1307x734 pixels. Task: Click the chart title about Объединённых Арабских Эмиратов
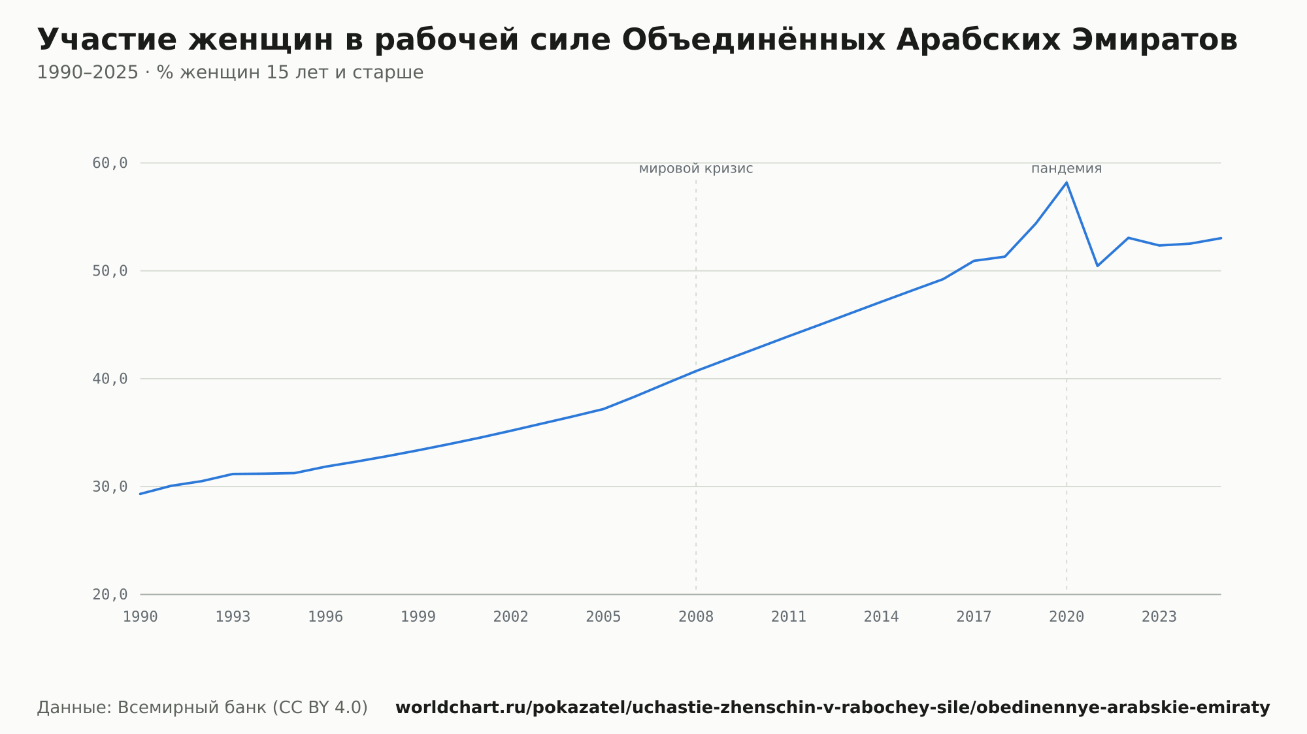click(637, 40)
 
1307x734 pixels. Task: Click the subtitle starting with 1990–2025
click(230, 72)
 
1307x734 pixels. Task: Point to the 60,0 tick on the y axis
click(110, 163)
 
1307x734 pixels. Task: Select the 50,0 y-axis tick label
click(110, 271)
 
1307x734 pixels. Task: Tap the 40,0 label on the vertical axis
click(110, 379)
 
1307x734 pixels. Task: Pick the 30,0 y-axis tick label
click(110, 487)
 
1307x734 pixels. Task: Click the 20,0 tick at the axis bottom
click(110, 594)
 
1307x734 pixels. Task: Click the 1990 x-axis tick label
click(141, 617)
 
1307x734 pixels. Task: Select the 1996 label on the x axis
click(325, 617)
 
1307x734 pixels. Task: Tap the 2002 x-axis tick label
click(511, 617)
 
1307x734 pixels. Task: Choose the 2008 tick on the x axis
click(696, 617)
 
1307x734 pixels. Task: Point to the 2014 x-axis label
click(882, 617)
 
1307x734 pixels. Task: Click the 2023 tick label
click(1159, 617)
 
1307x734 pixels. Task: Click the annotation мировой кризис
click(696, 169)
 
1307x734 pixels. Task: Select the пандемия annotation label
click(1067, 168)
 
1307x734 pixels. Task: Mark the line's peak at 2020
click(1067, 182)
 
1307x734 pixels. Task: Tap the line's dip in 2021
click(1097, 266)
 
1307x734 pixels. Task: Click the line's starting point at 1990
click(141, 494)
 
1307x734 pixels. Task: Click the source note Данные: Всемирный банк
click(203, 708)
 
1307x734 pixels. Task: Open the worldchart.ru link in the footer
click(833, 708)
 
